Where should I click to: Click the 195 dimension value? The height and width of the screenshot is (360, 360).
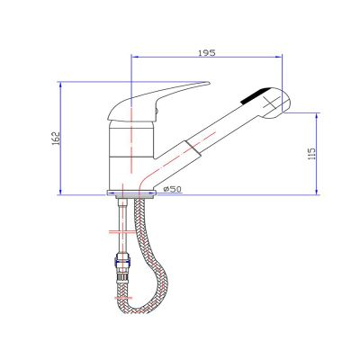207,53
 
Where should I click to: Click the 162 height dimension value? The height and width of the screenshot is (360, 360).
56,139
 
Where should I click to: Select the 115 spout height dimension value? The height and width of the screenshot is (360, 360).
312,153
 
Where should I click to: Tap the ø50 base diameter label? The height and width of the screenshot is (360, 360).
172,189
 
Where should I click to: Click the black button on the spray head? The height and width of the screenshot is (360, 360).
256,95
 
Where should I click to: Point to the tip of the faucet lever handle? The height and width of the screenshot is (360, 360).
209,83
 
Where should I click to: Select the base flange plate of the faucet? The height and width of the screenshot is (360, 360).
131,193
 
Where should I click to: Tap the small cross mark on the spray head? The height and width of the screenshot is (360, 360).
270,103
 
